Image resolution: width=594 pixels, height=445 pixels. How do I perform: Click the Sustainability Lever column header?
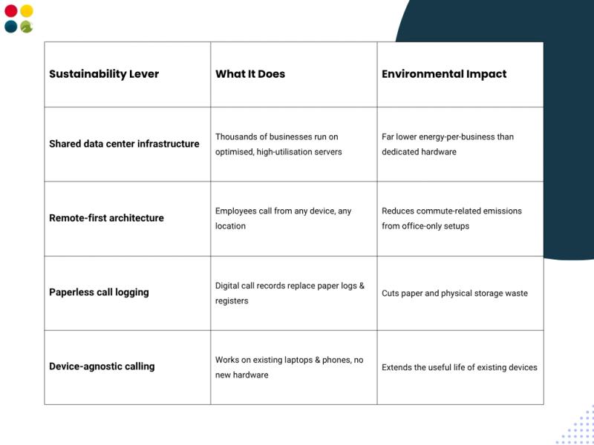coord(104,73)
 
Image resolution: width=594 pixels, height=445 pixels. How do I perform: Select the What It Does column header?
coord(250,73)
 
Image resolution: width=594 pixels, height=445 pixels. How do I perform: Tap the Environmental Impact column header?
coord(444,73)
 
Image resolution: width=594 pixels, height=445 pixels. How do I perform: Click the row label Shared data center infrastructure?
coord(124,144)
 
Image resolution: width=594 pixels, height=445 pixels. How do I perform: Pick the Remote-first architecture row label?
coord(106,218)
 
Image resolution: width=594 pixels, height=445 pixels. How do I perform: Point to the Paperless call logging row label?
coord(99,292)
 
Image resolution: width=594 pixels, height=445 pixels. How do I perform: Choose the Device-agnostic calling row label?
coord(102,366)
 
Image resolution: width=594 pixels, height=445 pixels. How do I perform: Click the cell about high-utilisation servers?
coord(278,144)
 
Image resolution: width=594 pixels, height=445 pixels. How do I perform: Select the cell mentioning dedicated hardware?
coord(448,144)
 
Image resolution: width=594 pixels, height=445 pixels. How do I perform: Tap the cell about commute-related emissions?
coord(451,218)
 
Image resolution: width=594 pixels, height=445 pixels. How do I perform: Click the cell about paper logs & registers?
coord(290,293)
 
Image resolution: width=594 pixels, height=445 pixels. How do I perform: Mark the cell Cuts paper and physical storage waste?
coord(454,293)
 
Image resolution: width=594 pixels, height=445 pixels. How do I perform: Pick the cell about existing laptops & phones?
coord(289,367)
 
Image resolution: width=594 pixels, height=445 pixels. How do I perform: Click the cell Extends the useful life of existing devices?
coord(459,367)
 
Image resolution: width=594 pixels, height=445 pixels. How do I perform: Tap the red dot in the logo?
coord(11,11)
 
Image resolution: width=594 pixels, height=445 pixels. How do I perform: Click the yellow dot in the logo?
coord(27,11)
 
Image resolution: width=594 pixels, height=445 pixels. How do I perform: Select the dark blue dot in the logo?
coord(11,27)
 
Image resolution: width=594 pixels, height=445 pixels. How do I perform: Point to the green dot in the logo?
coord(27,27)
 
